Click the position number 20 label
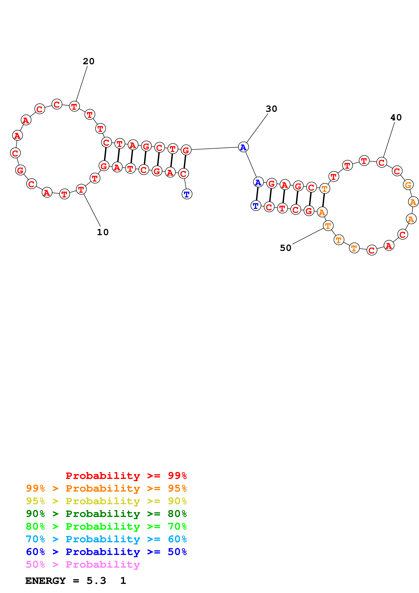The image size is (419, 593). (89, 61)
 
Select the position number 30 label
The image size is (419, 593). (271, 109)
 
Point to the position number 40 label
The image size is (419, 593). (396, 117)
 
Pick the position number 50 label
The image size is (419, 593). (285, 248)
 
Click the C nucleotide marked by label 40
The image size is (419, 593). (382, 162)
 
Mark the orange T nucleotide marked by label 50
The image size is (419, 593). (328, 226)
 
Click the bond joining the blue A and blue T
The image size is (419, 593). (257, 194)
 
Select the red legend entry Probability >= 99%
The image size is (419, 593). (126, 476)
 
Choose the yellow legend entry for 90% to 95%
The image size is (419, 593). (106, 501)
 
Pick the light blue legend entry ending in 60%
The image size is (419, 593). (106, 539)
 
